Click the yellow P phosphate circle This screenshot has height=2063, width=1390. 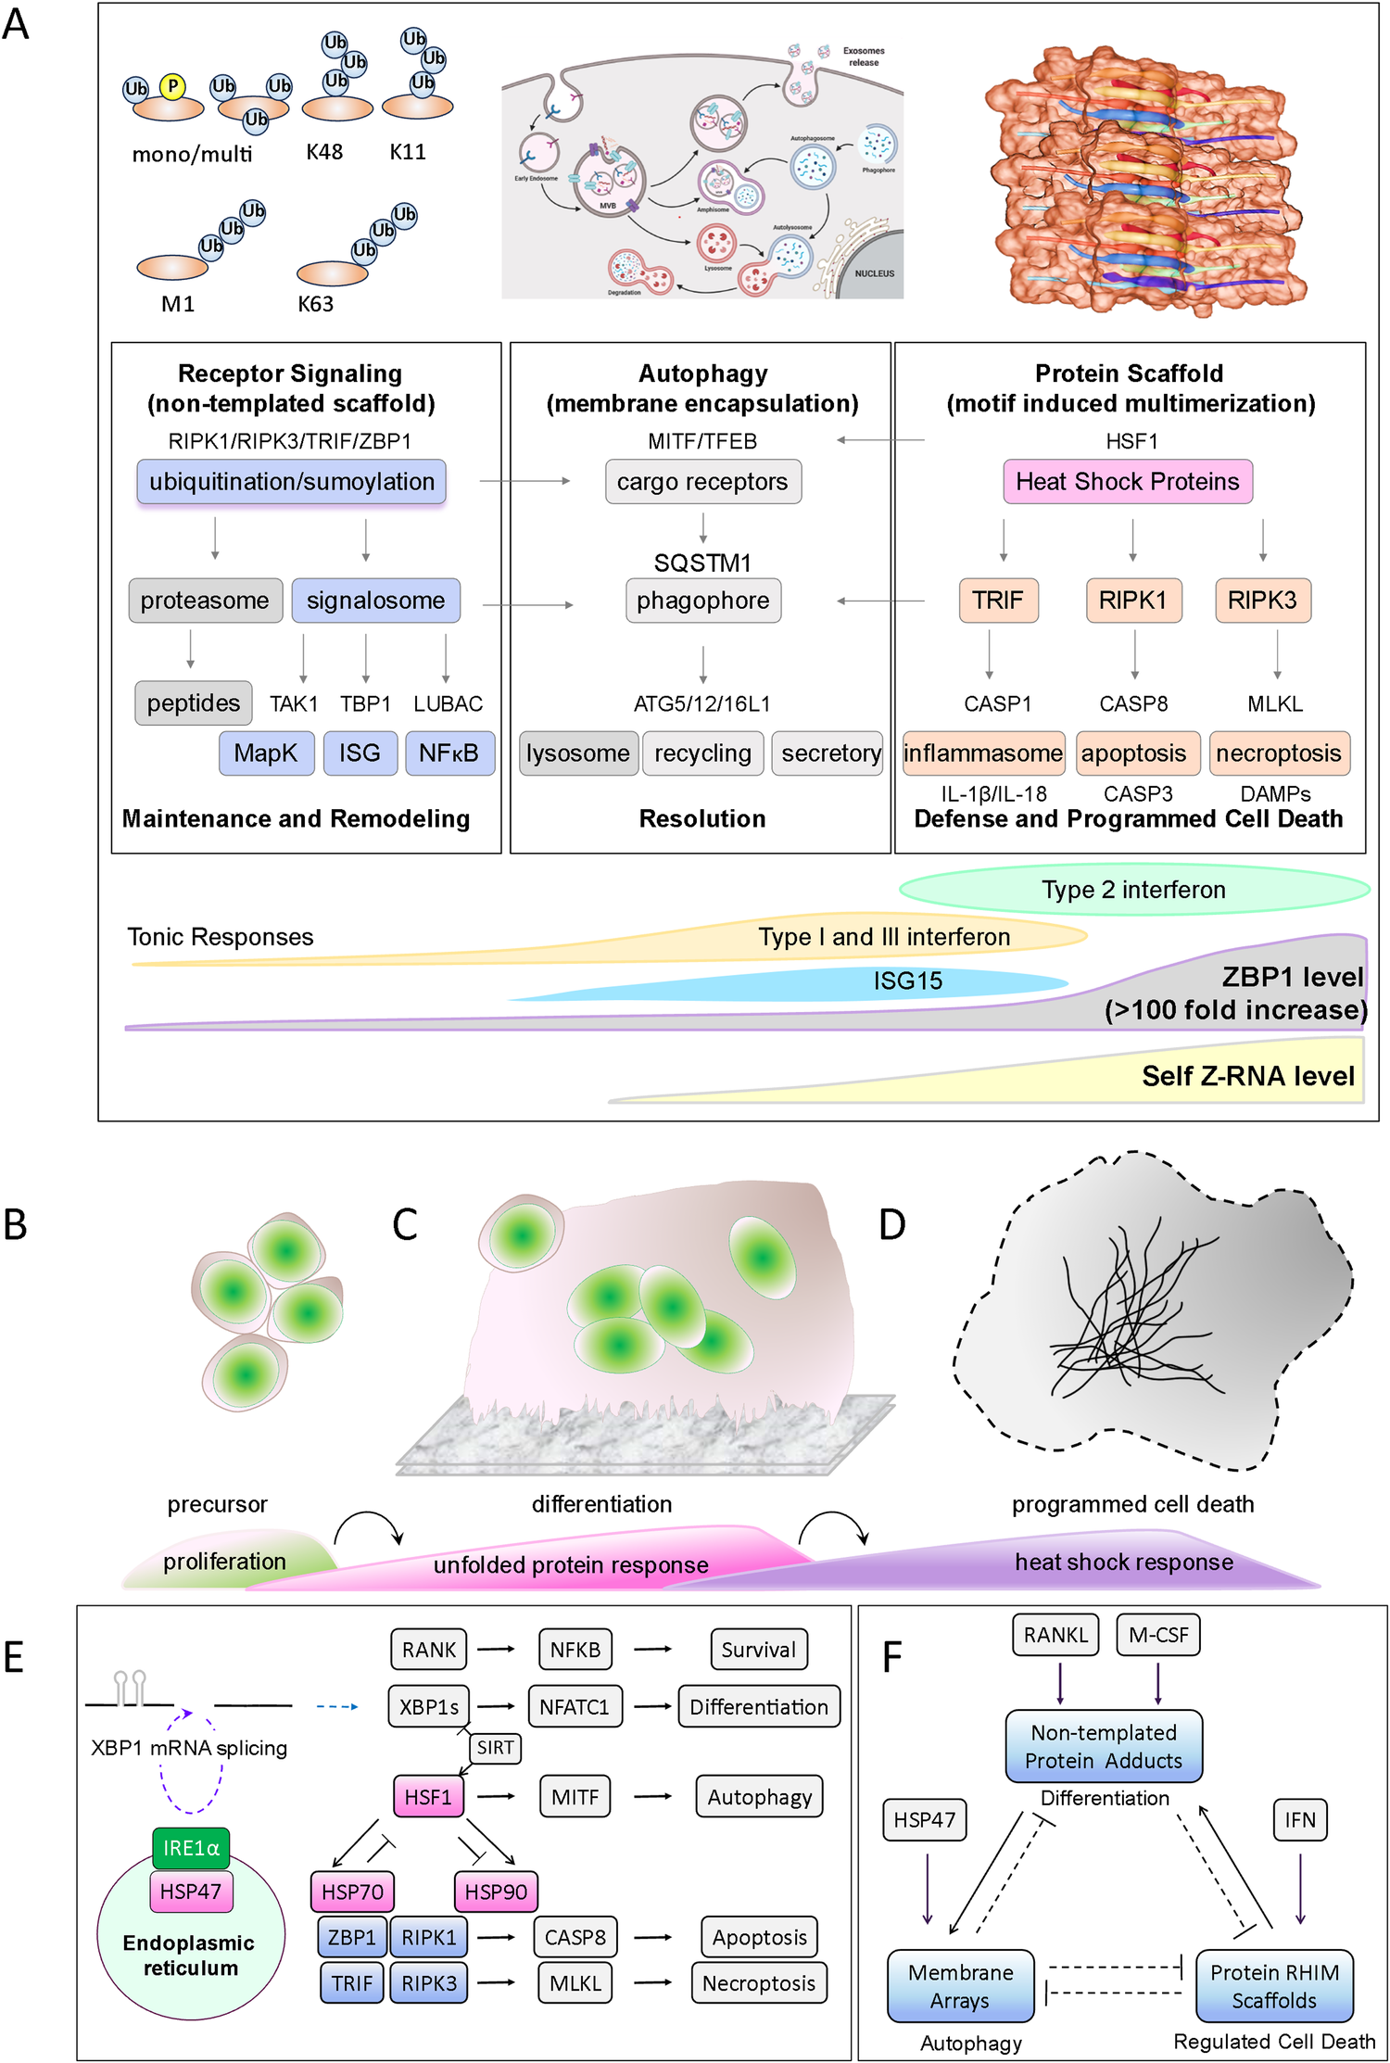click(x=172, y=86)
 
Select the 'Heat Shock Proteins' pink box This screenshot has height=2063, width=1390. click(x=1127, y=482)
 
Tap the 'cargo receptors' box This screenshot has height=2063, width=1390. click(x=702, y=482)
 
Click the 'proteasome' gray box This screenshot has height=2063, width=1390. click(x=205, y=601)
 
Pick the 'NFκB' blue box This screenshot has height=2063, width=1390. click(x=449, y=753)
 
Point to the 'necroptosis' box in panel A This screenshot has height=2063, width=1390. click(x=1278, y=753)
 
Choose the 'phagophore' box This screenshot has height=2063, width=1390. click(x=702, y=601)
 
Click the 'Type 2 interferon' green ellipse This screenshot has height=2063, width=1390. click(x=1133, y=890)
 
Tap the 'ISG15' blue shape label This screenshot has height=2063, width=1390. click(x=907, y=981)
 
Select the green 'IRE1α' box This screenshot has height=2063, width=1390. click(x=191, y=1848)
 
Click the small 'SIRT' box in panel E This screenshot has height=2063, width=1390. click(x=496, y=1748)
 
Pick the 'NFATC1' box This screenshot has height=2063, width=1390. click(x=574, y=1707)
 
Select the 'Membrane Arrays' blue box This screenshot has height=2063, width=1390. click(x=960, y=1986)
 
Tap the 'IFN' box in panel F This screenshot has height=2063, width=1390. click(x=1300, y=1820)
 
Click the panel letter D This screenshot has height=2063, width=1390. click(x=891, y=1225)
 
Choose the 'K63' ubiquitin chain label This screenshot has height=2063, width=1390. click(x=315, y=304)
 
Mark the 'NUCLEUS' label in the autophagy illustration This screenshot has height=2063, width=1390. click(x=874, y=273)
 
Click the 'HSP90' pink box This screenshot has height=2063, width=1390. click(x=496, y=1892)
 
